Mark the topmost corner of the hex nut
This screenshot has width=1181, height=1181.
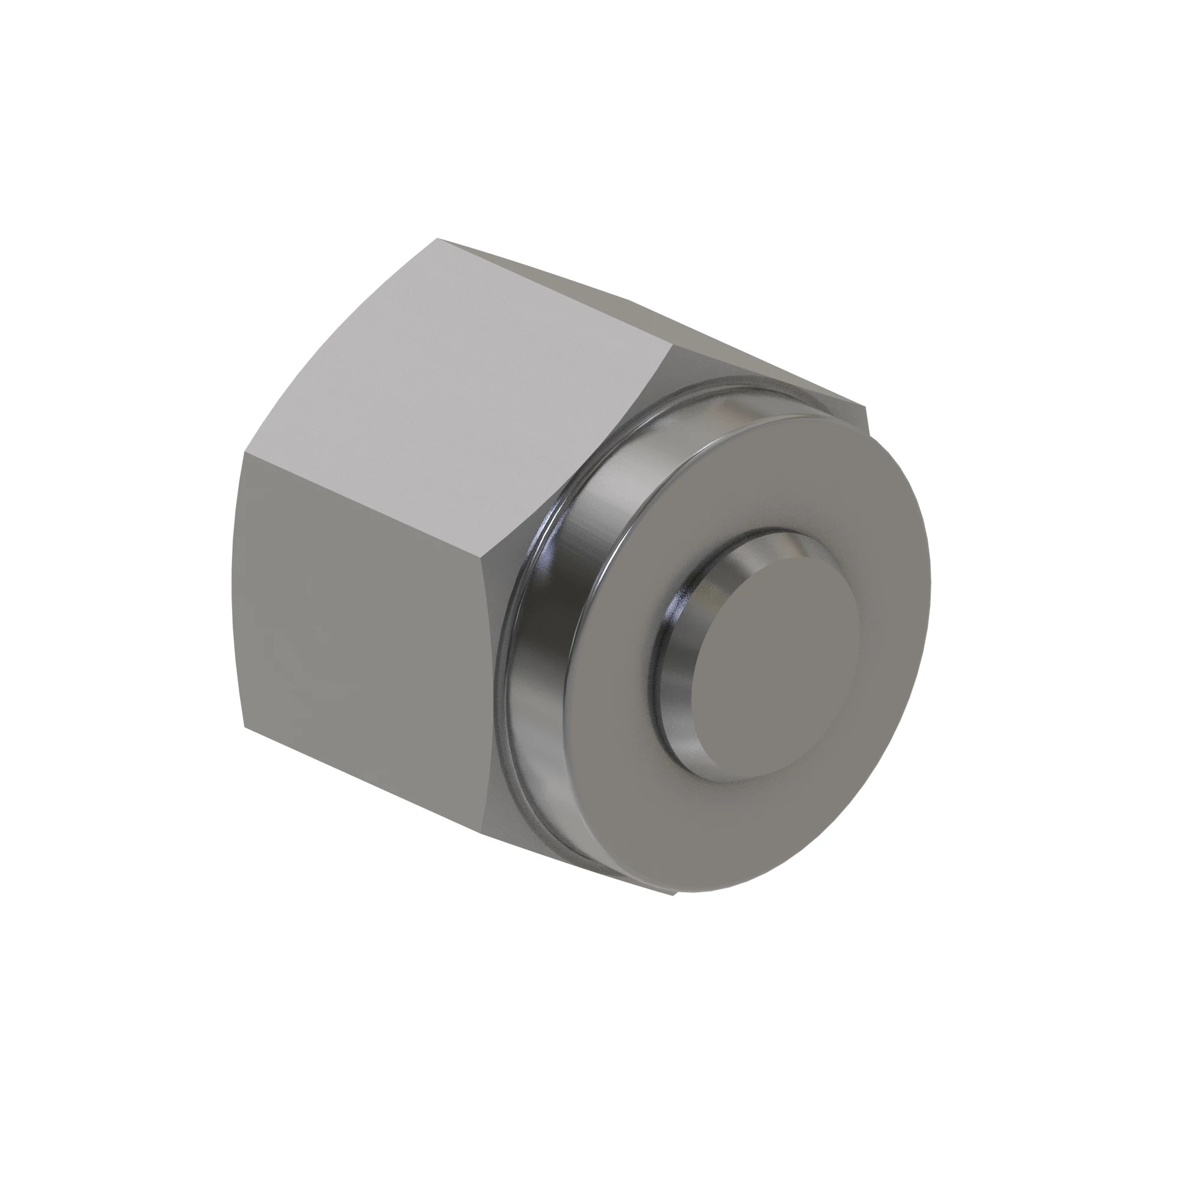(x=438, y=239)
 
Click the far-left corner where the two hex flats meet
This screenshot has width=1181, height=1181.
(x=244, y=454)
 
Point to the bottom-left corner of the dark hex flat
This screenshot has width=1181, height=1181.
(x=245, y=727)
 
